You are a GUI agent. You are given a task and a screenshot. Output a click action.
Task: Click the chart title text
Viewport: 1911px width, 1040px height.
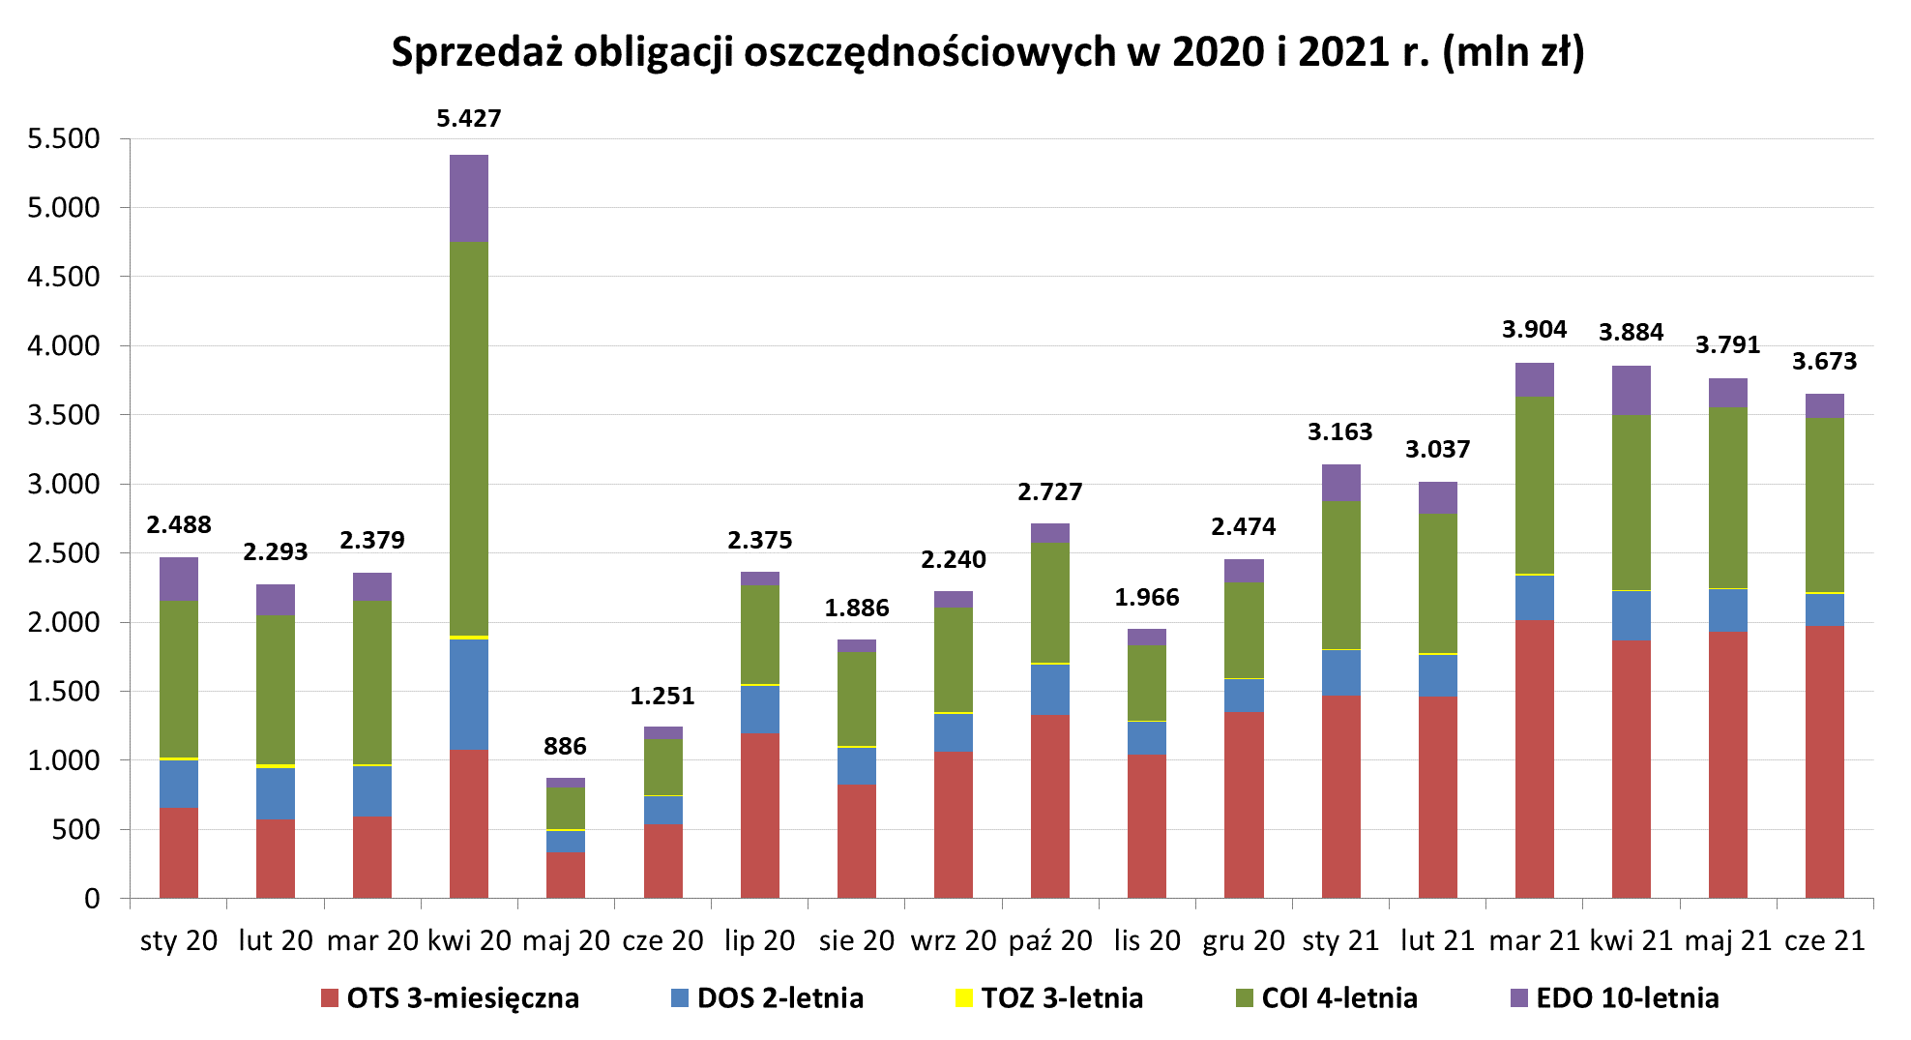coord(987,52)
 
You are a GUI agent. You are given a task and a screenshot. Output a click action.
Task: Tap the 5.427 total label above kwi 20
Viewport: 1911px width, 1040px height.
coord(469,119)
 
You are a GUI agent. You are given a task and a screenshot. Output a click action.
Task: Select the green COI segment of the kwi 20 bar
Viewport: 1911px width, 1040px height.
coord(469,438)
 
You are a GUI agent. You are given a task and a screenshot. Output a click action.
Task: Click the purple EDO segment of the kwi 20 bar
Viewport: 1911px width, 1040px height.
coord(469,198)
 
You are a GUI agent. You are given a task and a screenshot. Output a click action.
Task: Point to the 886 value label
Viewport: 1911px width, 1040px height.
coord(565,747)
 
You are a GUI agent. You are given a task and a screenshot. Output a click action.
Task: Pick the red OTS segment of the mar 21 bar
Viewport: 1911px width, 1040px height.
coord(1534,759)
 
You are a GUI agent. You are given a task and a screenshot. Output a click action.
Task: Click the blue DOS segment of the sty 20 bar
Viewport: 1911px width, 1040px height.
coord(179,784)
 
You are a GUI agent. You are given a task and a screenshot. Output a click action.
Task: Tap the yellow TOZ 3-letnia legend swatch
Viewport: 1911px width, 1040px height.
coord(963,998)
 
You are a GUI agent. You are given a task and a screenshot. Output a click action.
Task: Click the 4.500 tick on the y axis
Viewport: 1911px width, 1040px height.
coord(64,277)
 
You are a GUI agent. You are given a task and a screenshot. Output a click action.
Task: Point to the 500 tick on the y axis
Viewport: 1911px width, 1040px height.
coord(77,830)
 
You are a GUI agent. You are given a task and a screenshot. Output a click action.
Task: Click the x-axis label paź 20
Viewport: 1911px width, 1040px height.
coord(1050,940)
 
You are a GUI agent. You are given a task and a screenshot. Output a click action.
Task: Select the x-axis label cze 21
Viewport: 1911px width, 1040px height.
coord(1824,940)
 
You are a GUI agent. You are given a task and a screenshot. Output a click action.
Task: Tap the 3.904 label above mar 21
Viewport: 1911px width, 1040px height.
coord(1534,330)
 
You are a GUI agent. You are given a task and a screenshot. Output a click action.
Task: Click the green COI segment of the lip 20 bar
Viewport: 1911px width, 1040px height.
coord(760,635)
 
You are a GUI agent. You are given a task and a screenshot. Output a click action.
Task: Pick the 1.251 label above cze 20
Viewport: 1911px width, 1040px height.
coord(662,697)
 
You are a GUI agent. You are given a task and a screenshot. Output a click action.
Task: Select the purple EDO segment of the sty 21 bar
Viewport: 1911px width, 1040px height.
coord(1340,483)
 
